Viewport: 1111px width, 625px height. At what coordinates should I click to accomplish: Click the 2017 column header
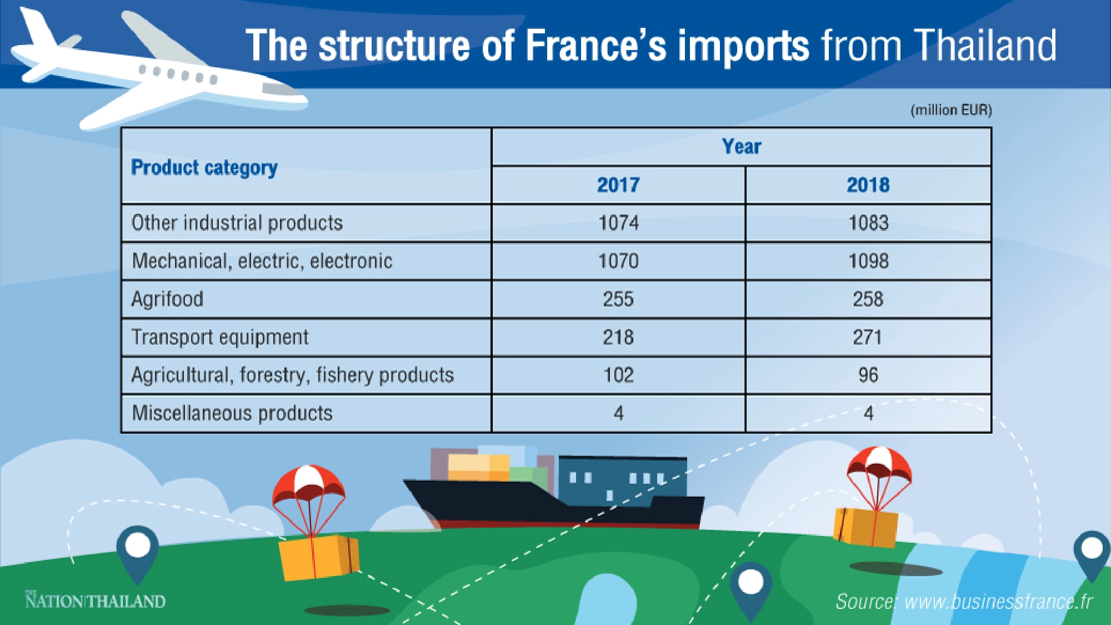[x=618, y=184]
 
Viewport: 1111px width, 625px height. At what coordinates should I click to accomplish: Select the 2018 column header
[x=868, y=184]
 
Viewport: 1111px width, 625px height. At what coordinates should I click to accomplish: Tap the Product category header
[x=204, y=167]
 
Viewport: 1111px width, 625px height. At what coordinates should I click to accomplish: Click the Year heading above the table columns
[x=741, y=147]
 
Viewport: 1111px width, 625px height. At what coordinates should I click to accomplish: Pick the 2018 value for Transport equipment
[x=868, y=337]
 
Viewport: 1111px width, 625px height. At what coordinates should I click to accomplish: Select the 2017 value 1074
[x=618, y=223]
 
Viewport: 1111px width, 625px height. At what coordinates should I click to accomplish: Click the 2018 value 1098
[x=868, y=261]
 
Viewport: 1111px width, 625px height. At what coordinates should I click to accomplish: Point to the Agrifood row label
[x=167, y=299]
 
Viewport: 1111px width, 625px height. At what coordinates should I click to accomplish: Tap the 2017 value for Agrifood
[x=618, y=299]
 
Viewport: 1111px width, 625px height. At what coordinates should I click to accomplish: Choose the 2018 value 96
[x=868, y=375]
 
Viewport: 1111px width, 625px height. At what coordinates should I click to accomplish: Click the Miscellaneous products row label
[x=232, y=413]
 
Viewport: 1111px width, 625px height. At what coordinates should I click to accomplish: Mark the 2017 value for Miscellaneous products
[x=618, y=413]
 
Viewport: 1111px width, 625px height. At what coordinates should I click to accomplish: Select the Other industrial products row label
[x=237, y=223]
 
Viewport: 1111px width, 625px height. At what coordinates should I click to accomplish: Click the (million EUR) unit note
[x=951, y=110]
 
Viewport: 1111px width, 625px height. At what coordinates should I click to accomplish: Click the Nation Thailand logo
[x=96, y=601]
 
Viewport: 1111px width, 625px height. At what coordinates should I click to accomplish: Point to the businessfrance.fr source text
[x=964, y=602]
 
